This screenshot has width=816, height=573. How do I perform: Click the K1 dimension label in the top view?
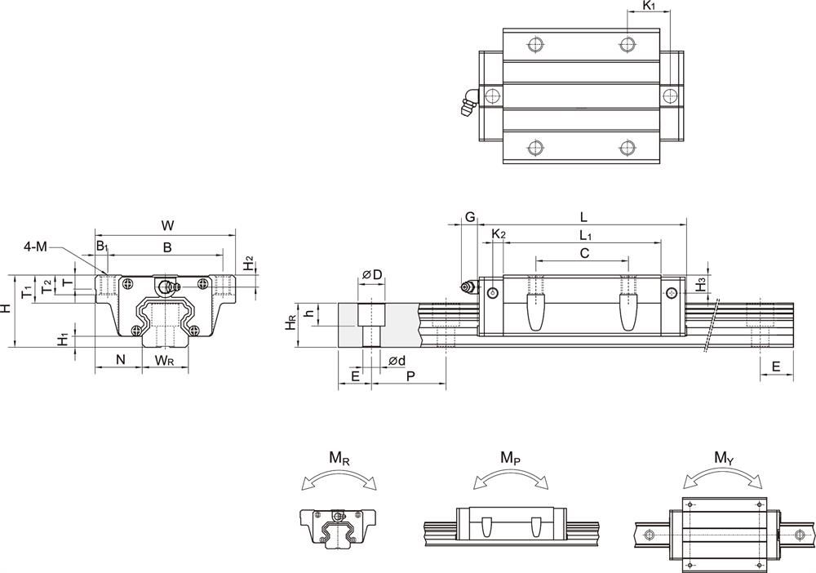(x=649, y=7)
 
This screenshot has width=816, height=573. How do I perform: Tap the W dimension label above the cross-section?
(x=167, y=224)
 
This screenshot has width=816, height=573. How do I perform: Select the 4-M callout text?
(x=35, y=246)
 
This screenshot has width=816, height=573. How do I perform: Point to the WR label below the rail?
(x=165, y=359)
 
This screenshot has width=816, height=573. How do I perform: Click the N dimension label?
(x=120, y=359)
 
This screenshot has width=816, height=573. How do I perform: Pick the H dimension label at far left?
(x=7, y=309)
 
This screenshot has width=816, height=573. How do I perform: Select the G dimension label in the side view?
(x=470, y=216)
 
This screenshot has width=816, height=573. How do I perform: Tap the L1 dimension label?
(x=585, y=235)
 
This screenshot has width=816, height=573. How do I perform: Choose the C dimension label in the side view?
(x=584, y=254)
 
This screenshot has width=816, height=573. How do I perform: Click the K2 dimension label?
(x=499, y=235)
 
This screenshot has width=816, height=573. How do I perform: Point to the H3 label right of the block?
(x=700, y=285)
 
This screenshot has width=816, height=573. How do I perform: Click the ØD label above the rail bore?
(x=372, y=274)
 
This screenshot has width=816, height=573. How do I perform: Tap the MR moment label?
(x=340, y=459)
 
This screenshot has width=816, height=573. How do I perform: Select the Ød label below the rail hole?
(x=397, y=360)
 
